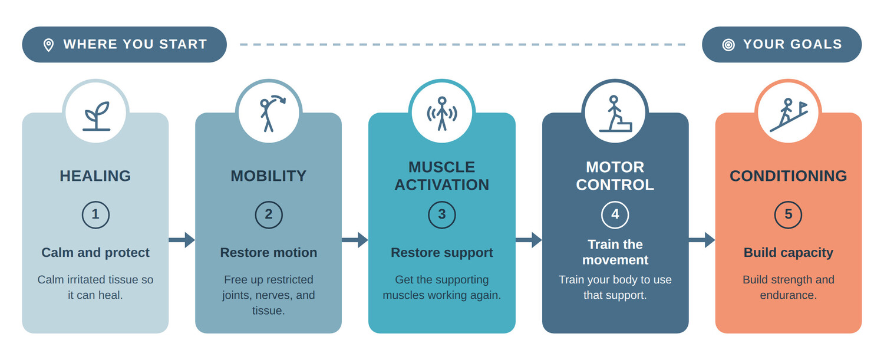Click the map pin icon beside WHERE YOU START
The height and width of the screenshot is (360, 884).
point(48,45)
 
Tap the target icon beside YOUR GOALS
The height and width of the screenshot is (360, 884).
point(728,45)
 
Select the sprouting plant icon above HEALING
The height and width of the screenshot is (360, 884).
point(96,116)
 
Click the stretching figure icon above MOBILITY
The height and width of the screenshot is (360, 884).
point(271,114)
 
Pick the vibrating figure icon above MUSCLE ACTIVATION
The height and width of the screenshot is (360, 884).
point(442,114)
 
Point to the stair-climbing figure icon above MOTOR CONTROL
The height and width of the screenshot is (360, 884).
point(615,114)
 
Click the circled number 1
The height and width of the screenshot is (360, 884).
point(95,214)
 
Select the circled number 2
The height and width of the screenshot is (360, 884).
point(269,214)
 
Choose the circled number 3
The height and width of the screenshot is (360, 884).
point(442,214)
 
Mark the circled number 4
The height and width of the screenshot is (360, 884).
point(615,214)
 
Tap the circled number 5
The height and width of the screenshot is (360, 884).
point(788,214)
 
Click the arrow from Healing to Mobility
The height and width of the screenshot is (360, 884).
point(182,240)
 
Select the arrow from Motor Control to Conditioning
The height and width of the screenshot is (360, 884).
point(702,240)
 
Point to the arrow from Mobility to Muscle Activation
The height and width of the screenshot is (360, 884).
point(355,240)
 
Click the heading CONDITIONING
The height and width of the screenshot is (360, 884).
point(788,176)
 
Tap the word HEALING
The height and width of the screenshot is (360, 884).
point(95,176)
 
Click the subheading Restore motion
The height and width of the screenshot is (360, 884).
point(269,253)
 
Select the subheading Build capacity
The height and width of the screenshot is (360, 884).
point(788,253)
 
